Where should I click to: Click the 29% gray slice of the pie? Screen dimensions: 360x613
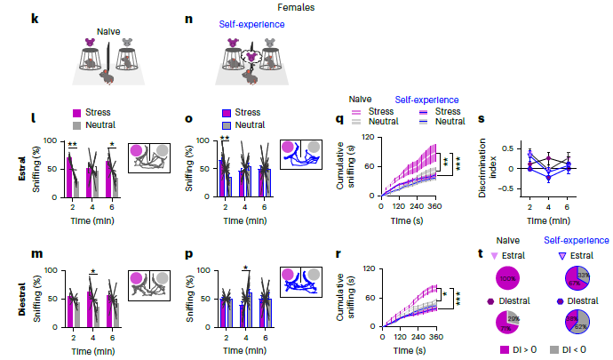514,318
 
